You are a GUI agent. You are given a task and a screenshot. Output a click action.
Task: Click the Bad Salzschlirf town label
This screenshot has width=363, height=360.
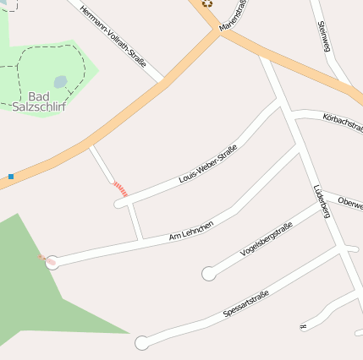pyautogui.click(x=41, y=101)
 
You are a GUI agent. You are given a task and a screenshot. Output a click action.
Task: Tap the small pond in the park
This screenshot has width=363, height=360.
pyautogui.click(x=60, y=82)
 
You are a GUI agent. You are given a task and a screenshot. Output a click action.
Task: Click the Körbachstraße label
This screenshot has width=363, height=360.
pyautogui.click(x=342, y=123)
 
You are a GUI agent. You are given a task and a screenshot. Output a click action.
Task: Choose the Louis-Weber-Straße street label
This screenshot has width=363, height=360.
pyautogui.click(x=208, y=164)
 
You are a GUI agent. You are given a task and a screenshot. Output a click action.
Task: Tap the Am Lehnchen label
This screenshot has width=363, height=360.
pyautogui.click(x=192, y=227)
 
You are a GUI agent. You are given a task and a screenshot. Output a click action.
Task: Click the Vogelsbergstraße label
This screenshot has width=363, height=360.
pyautogui.click(x=267, y=238)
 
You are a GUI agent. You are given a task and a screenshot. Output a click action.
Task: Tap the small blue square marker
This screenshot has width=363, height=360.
pyautogui.click(x=11, y=177)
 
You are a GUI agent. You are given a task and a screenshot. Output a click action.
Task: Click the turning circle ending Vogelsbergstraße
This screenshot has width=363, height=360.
pyautogui.click(x=208, y=273)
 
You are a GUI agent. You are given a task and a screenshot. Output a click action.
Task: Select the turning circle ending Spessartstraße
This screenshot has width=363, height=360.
pyautogui.click(x=141, y=343)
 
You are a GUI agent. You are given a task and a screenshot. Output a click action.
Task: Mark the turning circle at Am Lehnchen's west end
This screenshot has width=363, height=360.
pyautogui.click(x=52, y=262)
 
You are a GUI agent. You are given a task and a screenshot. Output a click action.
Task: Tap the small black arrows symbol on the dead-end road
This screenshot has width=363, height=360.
pyautogui.click(x=302, y=326)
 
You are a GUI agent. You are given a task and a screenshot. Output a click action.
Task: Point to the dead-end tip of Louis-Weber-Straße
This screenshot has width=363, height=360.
pyautogui.click(x=119, y=204)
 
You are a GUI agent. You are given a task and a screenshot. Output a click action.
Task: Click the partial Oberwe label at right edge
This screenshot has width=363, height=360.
pyautogui.click(x=349, y=203)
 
